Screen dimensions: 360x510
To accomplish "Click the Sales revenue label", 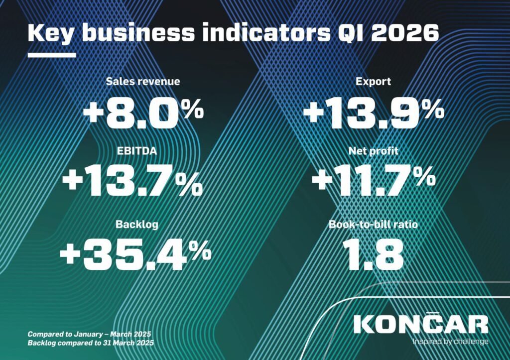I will coord(142,82).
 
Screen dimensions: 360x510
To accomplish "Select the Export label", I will coord(374,82).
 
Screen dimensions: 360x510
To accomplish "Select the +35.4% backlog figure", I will coord(135,254).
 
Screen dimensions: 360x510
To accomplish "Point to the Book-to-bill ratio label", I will coord(373,225).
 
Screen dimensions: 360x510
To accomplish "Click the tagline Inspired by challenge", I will coord(450,342).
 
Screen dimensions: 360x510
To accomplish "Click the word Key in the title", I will coord(51,33).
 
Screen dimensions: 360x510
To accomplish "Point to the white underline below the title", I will coord(51,55).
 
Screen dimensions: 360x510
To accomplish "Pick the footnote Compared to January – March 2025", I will coord(90,334).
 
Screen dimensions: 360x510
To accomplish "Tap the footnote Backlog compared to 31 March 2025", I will coord(91,343).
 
